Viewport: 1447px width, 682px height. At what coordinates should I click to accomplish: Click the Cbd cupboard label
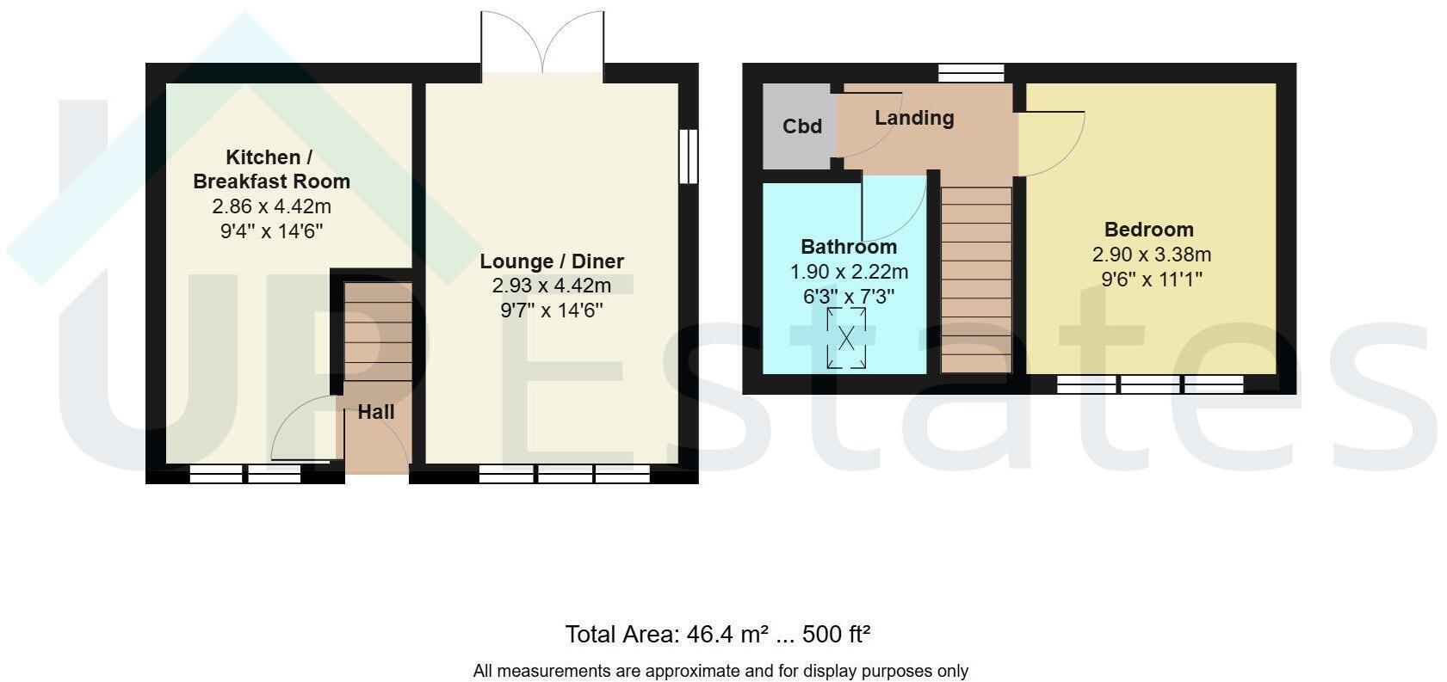point(802,126)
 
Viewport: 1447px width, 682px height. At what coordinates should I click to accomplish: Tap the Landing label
point(914,118)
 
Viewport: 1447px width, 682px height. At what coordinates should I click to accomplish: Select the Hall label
point(376,412)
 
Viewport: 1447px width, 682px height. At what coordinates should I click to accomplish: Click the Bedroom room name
point(1148,229)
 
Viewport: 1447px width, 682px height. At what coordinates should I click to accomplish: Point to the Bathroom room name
point(849,247)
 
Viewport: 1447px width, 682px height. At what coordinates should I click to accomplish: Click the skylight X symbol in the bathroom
point(846,338)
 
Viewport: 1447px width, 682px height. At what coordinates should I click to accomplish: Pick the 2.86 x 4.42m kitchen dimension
point(271,206)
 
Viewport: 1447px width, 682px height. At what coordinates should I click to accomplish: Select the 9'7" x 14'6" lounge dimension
point(552,310)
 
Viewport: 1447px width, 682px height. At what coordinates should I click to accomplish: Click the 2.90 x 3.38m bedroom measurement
point(1151,255)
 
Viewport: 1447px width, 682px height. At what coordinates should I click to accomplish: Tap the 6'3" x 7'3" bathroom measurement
point(849,296)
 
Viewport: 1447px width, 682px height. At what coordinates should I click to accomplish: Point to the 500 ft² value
point(837,634)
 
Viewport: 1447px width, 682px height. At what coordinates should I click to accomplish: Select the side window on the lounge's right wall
point(689,157)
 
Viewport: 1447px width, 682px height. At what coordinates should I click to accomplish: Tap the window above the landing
point(971,73)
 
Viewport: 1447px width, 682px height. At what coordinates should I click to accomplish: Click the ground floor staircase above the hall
point(378,332)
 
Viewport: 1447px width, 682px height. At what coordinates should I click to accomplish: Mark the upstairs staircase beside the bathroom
point(975,279)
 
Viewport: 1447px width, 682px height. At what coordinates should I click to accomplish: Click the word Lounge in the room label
point(516,261)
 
